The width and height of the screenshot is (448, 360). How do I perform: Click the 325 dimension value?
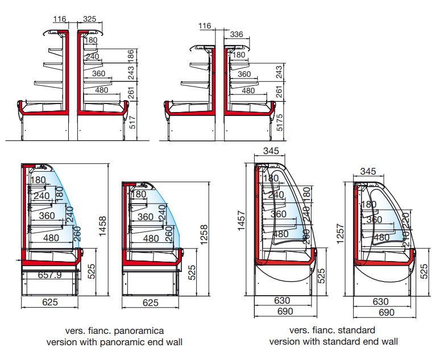(89, 19)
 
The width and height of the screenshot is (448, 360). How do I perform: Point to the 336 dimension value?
(237, 35)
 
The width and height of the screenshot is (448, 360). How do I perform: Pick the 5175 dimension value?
(279, 121)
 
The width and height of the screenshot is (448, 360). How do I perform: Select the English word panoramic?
(125, 342)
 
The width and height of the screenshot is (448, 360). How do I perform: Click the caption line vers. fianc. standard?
(333, 330)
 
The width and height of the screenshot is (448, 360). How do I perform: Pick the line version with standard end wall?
(333, 342)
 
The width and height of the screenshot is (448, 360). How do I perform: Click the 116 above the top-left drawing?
(60, 19)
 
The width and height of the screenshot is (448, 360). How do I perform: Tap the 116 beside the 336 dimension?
(205, 26)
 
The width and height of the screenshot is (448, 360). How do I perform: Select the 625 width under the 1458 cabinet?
(50, 302)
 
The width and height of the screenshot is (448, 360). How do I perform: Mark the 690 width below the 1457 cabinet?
(283, 312)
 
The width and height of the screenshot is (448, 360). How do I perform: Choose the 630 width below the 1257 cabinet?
(381, 301)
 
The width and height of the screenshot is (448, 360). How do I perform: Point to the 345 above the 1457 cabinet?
(272, 151)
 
